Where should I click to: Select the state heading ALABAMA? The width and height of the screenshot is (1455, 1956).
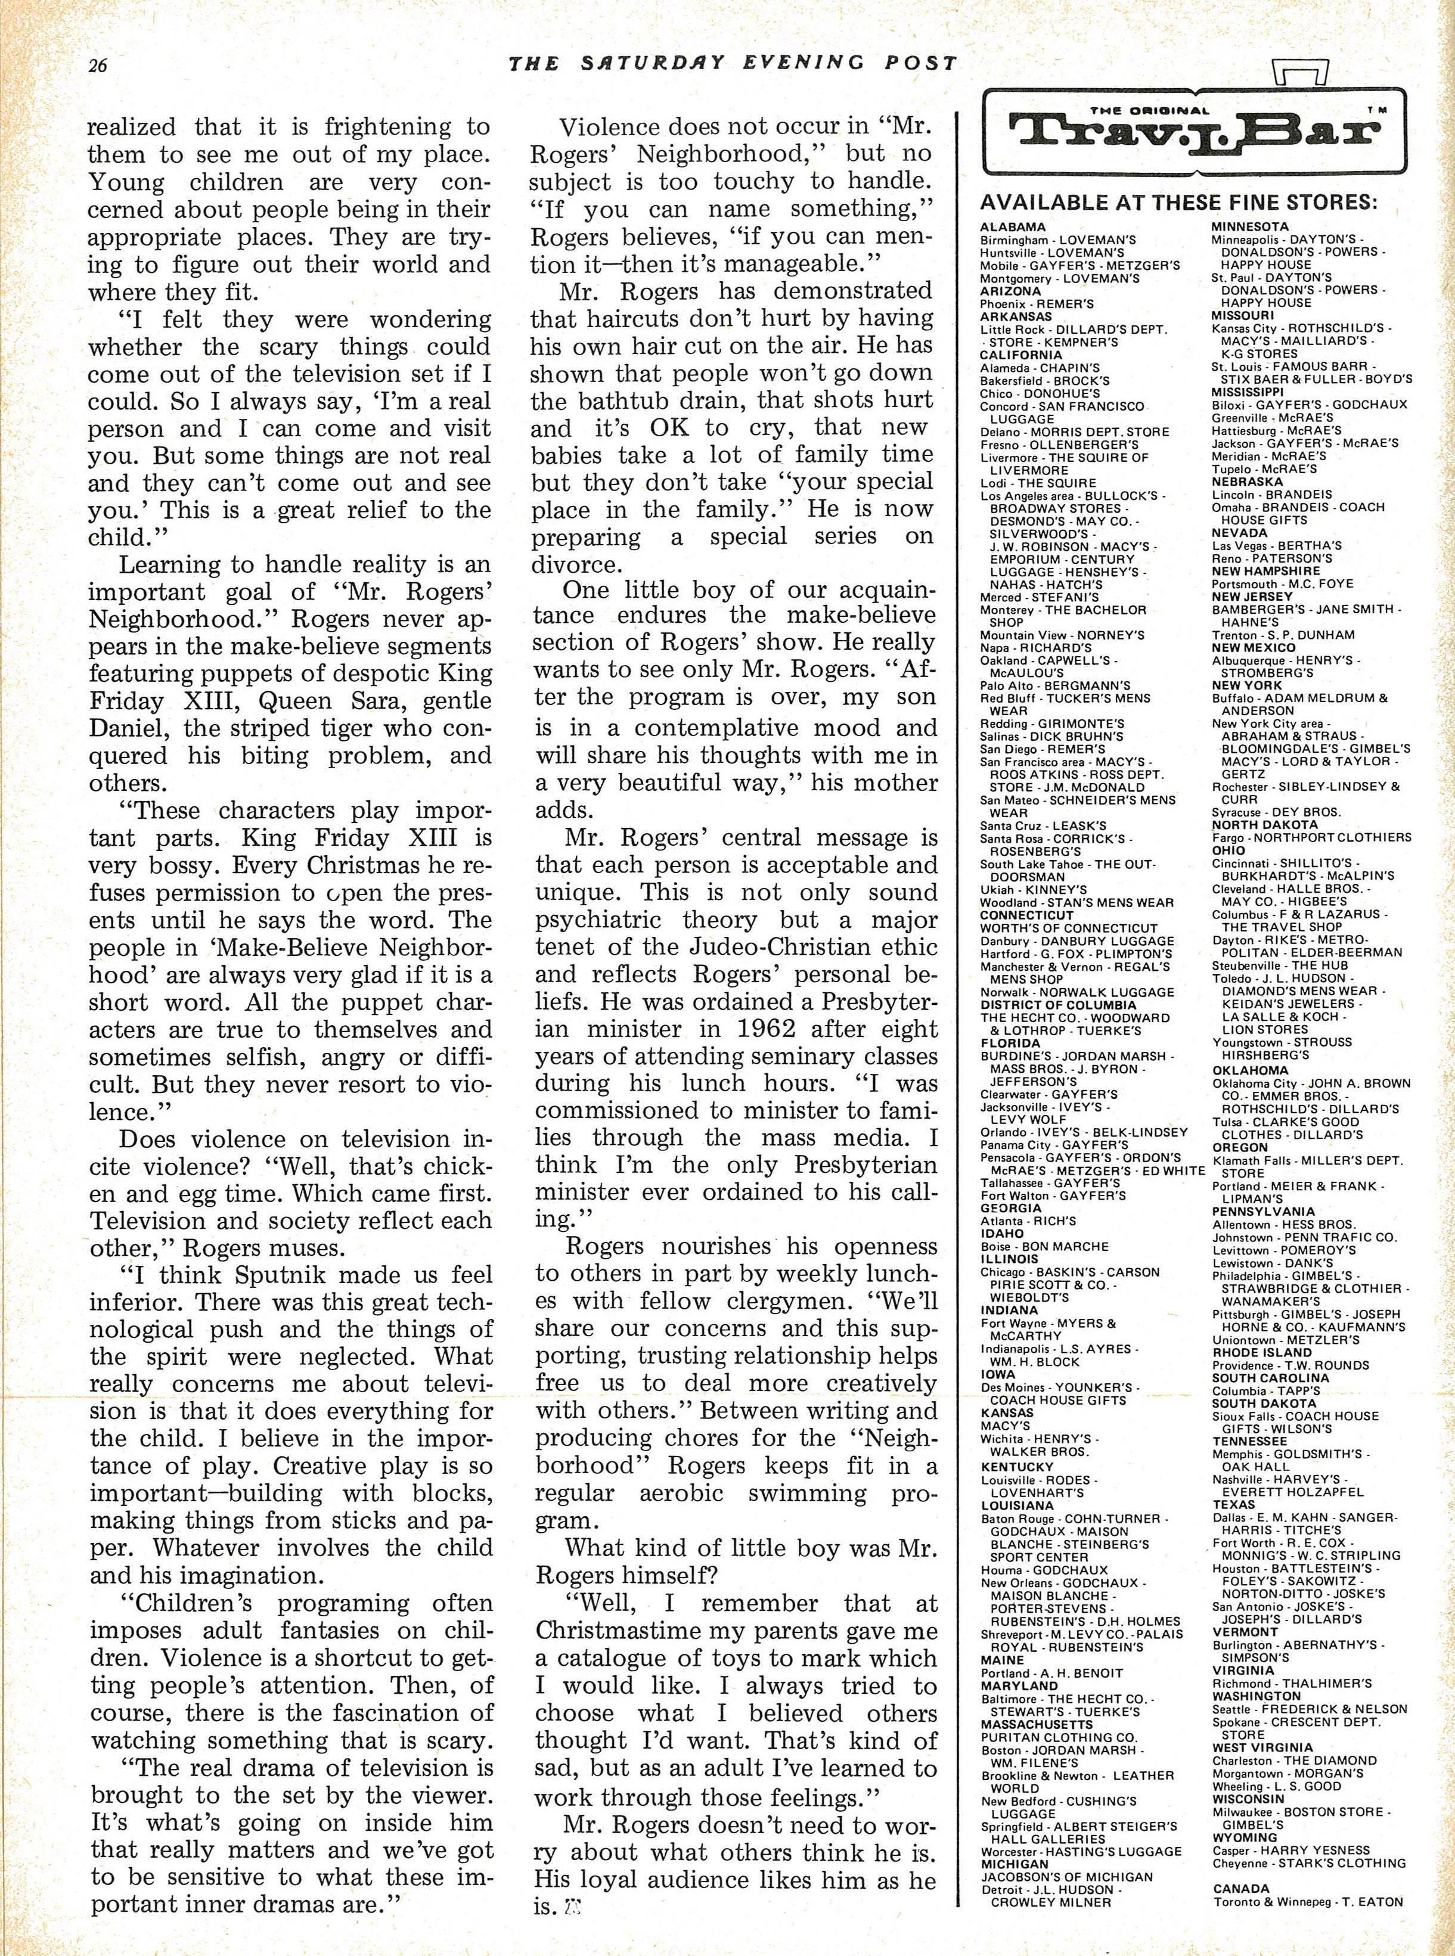click(1013, 227)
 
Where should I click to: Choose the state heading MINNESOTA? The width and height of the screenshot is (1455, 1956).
click(1250, 227)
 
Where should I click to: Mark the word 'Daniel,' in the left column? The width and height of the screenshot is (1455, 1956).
click(127, 728)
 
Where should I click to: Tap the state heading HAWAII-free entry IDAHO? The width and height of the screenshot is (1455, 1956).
click(1003, 1234)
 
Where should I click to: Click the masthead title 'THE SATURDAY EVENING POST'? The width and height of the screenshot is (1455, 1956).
click(733, 63)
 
